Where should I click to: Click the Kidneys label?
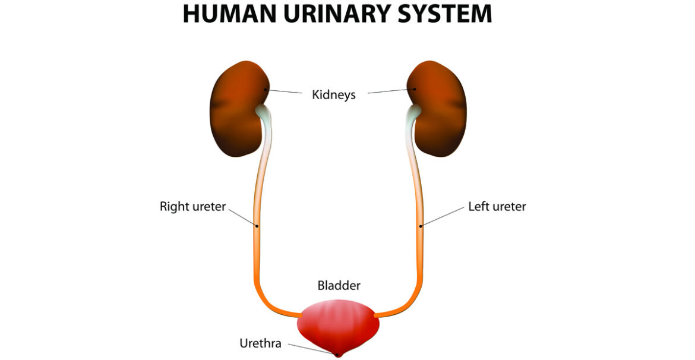click(334, 94)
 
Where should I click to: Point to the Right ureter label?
click(192, 207)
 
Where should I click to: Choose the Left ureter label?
click(497, 207)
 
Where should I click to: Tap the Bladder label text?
click(339, 286)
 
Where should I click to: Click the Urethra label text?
click(260, 343)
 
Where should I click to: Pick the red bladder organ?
click(338, 324)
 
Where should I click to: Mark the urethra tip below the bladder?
click(339, 355)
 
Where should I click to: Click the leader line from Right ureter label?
click(242, 216)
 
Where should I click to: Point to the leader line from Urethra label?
click(309, 349)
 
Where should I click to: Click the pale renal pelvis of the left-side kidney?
click(262, 111)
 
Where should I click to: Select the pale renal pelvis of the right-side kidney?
click(414, 111)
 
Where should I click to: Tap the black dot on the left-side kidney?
click(266, 89)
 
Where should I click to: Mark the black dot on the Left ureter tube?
click(421, 226)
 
